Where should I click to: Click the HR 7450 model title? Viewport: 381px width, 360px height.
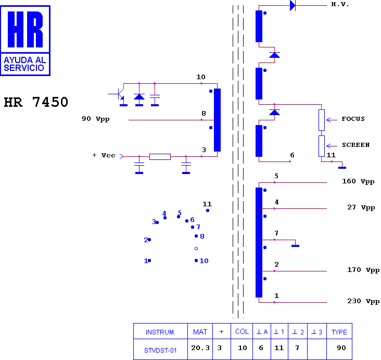[x=36, y=102]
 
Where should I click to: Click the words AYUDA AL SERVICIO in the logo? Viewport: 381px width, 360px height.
[x=25, y=64]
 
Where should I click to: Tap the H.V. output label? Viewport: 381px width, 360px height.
[x=340, y=4]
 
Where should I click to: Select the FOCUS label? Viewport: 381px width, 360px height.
[x=353, y=119]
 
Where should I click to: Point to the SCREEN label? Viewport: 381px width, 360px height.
[x=355, y=145]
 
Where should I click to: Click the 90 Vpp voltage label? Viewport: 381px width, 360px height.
[x=95, y=119]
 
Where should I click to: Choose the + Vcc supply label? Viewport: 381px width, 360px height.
[x=104, y=155]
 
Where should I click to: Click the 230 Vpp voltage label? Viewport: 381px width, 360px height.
[x=363, y=301]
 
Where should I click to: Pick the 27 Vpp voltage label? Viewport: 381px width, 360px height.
[x=361, y=207]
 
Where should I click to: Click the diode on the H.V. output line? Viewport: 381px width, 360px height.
[x=293, y=5]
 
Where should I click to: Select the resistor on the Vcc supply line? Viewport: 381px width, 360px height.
[x=160, y=157]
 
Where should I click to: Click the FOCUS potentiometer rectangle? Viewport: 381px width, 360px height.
[x=322, y=120]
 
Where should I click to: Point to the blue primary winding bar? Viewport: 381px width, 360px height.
[x=217, y=120]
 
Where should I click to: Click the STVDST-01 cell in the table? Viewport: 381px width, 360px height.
[x=160, y=350]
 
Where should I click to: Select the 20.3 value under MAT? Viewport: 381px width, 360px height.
[x=200, y=348]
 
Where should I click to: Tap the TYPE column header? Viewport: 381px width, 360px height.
[x=339, y=332]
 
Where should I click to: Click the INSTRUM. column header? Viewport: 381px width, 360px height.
[x=160, y=332]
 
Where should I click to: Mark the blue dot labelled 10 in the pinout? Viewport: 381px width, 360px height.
[x=196, y=260]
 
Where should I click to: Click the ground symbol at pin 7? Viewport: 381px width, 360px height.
[x=296, y=246]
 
